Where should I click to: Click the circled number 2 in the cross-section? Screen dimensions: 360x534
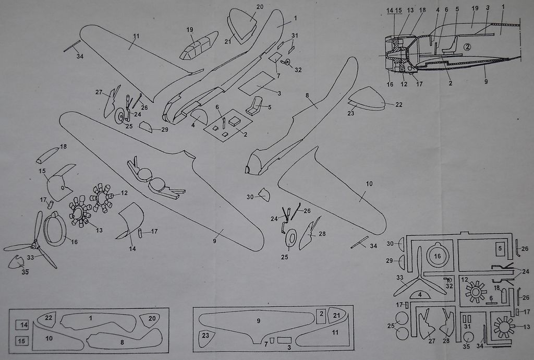[468, 46]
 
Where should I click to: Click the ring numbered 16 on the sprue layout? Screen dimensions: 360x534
[437, 256]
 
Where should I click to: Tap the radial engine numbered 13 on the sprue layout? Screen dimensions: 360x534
[504, 327]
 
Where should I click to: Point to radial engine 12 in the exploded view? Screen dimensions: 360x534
[102, 198]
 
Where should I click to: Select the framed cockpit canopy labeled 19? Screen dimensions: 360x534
[199, 45]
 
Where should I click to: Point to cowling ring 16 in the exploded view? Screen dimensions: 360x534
[55, 229]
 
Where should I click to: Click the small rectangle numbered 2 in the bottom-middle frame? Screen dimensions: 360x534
[321, 315]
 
